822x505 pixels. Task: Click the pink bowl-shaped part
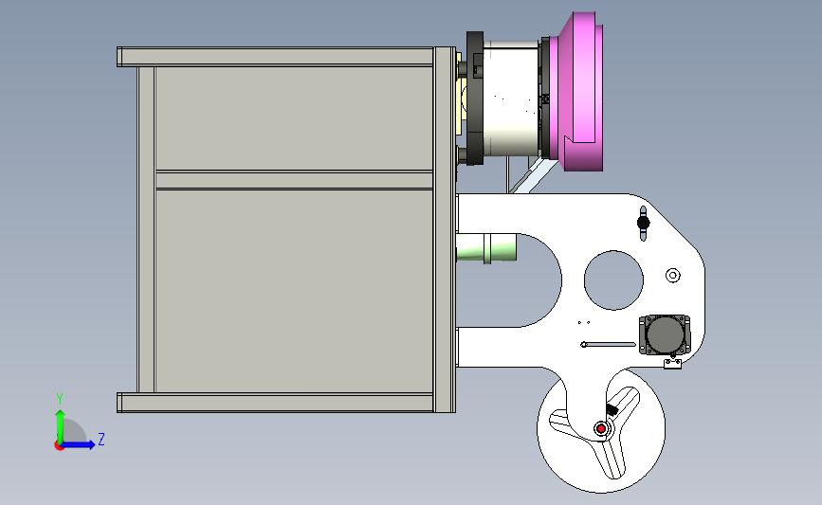(576, 92)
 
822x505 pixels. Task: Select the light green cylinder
(486, 248)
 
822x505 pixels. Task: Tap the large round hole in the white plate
(613, 280)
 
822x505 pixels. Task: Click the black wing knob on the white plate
(643, 223)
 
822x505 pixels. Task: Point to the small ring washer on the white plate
(673, 275)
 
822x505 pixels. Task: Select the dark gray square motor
(665, 334)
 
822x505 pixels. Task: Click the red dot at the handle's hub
(601, 429)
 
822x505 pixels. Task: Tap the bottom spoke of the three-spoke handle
(612, 460)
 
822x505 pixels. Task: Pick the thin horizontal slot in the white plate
(609, 345)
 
